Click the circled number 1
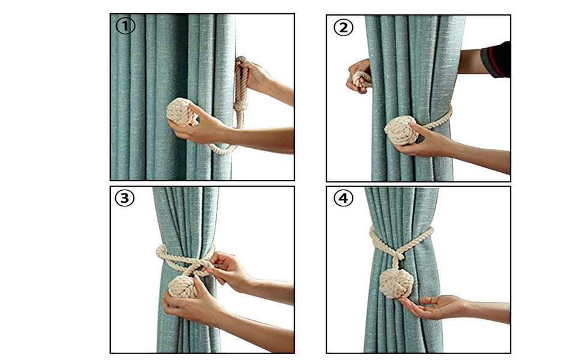[125, 26]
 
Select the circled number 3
[125, 199]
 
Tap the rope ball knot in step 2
[400, 131]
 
